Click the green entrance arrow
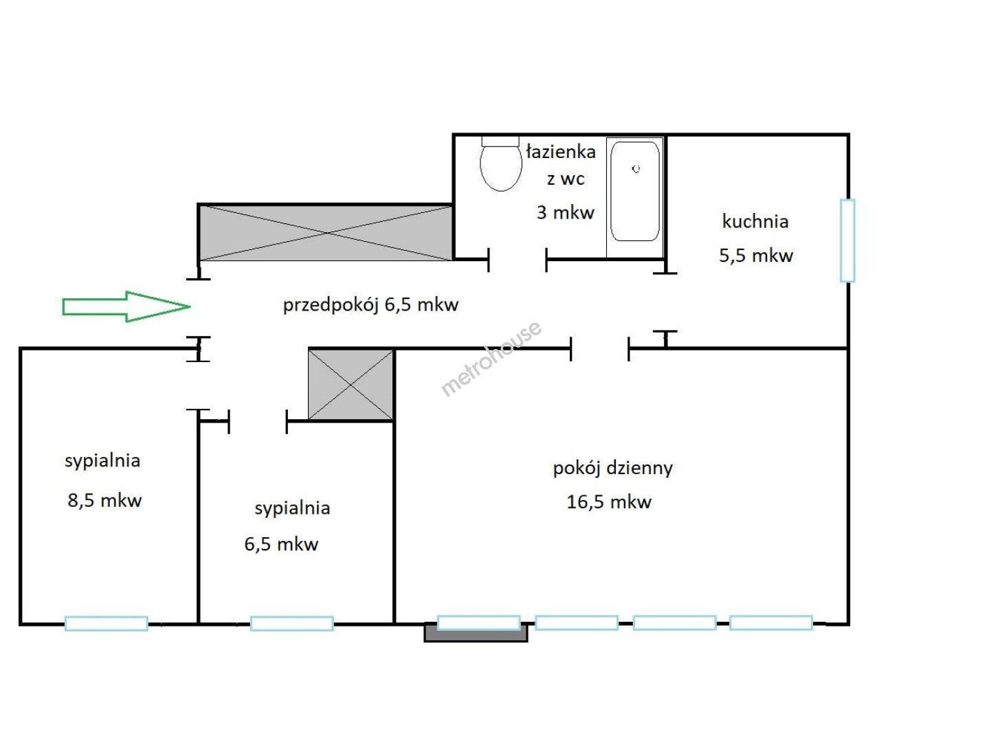coord(126,306)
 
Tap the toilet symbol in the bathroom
coord(500,164)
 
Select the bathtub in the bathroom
coord(635,192)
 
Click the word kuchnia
coord(755,221)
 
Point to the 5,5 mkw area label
coord(755,256)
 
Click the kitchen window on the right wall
coord(847,240)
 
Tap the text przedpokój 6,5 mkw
coord(370,305)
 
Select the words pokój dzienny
coord(612,469)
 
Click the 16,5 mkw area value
coord(609,502)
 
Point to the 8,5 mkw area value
coord(104,500)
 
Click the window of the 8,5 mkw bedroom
coord(107,623)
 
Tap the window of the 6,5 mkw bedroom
coord(292,623)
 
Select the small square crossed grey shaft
coord(351,385)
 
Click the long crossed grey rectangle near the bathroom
coord(325,233)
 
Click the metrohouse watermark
coord(491,359)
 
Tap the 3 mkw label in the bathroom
coord(566,212)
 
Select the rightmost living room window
coord(771,622)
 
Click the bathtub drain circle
coord(636,169)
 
